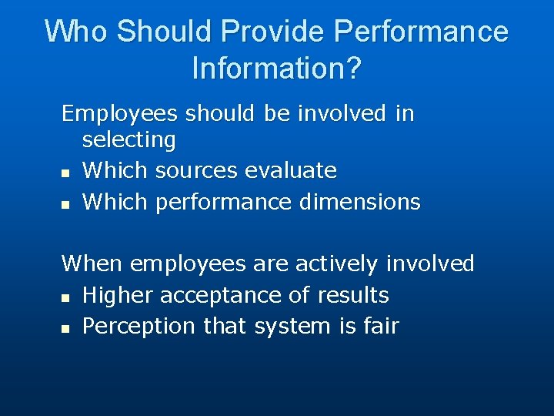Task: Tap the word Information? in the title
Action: [x=276, y=69]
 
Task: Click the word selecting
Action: [x=128, y=140]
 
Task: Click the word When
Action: [x=92, y=263]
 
